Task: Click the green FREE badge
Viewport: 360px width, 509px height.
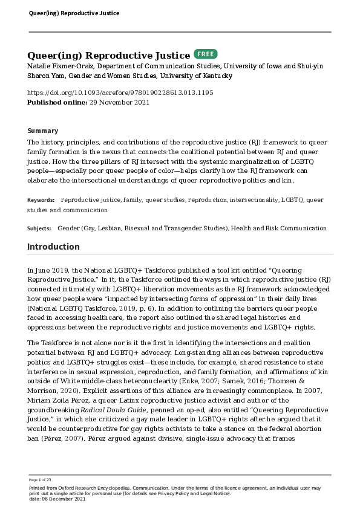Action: pyautogui.click(x=205, y=54)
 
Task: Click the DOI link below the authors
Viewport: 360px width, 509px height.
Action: pyautogui.click(x=120, y=92)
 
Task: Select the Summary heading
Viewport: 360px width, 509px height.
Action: pyautogui.click(x=43, y=131)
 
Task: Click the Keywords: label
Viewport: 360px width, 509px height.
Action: pyautogui.click(x=41, y=199)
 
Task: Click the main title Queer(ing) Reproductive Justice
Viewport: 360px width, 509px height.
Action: pyautogui.click(x=109, y=56)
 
